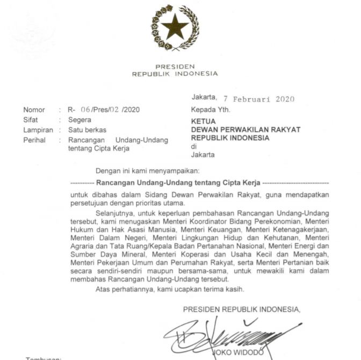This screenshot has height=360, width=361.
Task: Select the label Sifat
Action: (x=31, y=120)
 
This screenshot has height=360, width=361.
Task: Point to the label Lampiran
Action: (x=38, y=130)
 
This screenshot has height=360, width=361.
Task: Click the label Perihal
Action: (x=35, y=140)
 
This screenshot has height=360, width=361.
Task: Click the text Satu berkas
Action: (x=88, y=130)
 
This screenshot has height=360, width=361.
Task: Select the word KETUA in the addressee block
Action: (x=203, y=121)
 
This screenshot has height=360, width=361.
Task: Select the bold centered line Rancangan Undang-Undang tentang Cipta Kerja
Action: (x=178, y=183)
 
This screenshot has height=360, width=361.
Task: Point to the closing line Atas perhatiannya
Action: (x=170, y=290)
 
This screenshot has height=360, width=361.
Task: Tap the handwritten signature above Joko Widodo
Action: (x=226, y=336)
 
